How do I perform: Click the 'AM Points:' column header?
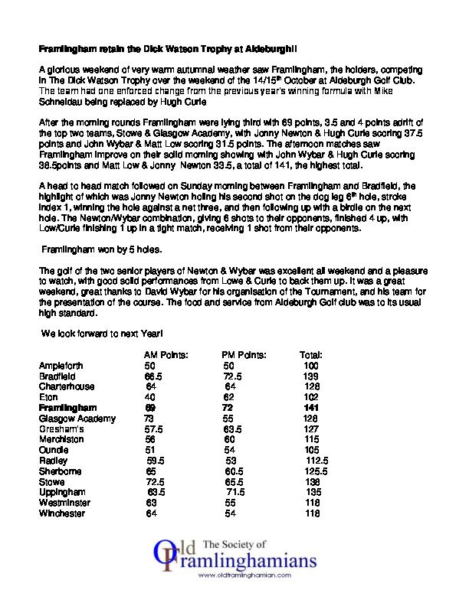(x=166, y=355)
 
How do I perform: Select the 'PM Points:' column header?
(x=244, y=355)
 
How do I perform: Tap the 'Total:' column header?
(x=311, y=355)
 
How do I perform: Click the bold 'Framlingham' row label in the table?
(x=68, y=408)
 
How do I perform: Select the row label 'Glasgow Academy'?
(x=77, y=419)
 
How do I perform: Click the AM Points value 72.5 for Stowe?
(x=156, y=482)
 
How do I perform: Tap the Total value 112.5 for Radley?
(x=316, y=461)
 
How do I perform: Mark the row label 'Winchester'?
(x=62, y=513)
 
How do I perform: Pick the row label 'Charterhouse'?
(x=67, y=386)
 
